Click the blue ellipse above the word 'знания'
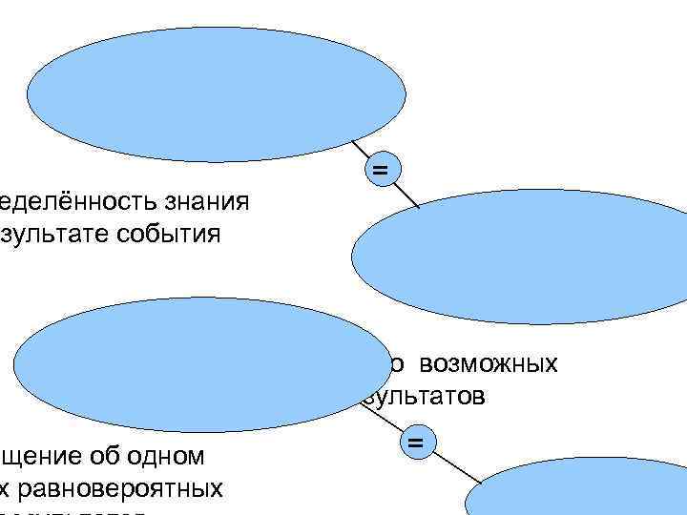point(210,97)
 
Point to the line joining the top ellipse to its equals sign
point(360,149)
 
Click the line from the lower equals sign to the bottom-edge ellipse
point(460,467)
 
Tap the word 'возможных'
point(489,364)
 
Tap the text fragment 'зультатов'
point(424,396)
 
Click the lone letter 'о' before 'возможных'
point(401,365)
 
